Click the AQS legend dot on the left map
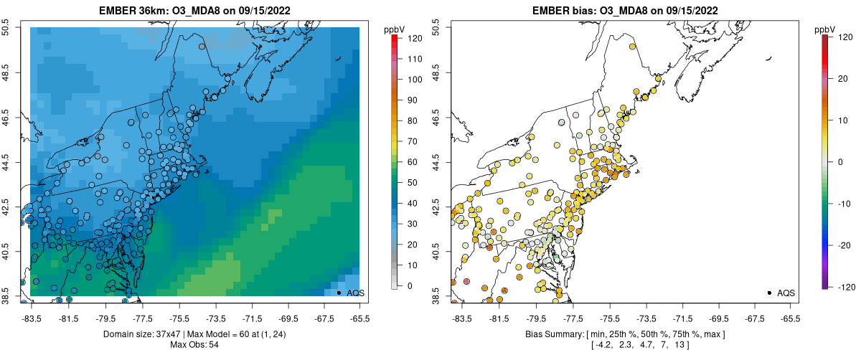point(339,293)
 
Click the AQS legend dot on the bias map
point(769,293)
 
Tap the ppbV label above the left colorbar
point(394,29)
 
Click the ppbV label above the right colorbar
point(824,29)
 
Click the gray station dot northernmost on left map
point(202,47)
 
